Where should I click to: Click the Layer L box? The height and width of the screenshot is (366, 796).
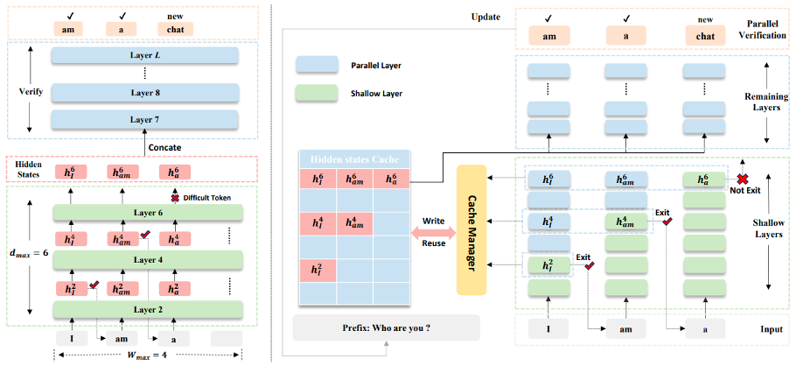[x=144, y=55]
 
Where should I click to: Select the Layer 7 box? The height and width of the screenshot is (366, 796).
[x=144, y=118]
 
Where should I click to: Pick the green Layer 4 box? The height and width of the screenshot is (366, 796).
[x=144, y=260]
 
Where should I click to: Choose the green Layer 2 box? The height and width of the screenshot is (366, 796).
[x=144, y=309]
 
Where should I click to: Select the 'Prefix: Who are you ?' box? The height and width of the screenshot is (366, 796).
[x=387, y=327]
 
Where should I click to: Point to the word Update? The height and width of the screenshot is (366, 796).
[x=485, y=16]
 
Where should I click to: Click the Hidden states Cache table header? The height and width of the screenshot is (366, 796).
[x=354, y=159]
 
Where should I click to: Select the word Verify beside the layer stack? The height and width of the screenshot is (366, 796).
[x=26, y=91]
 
